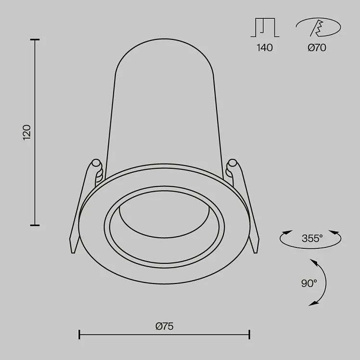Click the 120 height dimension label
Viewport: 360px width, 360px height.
click(27, 132)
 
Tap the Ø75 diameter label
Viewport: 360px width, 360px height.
click(165, 326)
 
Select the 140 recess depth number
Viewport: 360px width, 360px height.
click(265, 48)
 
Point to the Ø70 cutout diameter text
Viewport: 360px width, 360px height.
click(317, 48)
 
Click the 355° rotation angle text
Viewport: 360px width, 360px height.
click(312, 238)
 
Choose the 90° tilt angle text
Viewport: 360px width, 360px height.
click(309, 283)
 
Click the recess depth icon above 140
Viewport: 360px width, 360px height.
click(265, 27)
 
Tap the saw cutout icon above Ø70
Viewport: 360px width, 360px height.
click(318, 27)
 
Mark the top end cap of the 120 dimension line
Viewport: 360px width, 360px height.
click(35, 40)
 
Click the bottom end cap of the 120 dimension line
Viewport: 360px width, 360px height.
click(35, 225)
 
